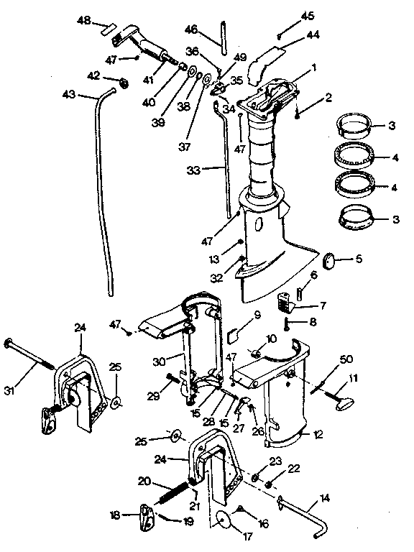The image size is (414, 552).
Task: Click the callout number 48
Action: (x=84, y=21)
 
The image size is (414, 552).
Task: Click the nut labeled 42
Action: (x=121, y=83)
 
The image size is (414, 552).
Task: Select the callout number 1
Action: (x=313, y=68)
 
